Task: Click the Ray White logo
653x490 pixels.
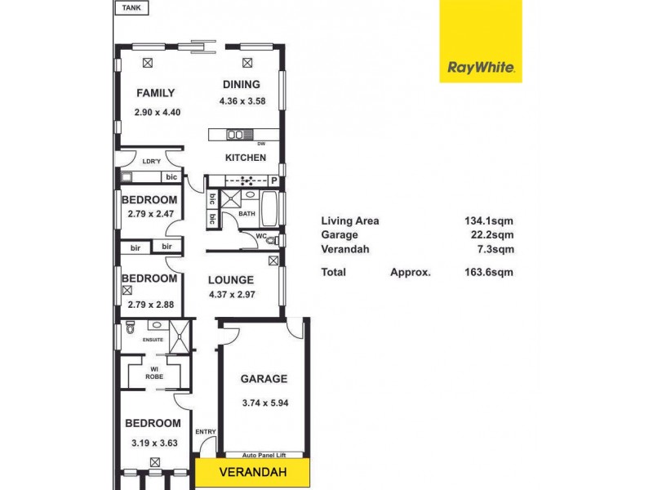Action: pos(481,42)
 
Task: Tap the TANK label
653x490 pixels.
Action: pos(130,8)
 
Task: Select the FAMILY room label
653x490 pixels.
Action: pos(155,92)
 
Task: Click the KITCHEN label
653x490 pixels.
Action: pos(246,158)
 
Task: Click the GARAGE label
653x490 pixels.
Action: pos(264,379)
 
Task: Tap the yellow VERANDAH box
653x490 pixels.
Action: pos(252,472)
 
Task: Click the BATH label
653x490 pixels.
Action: pos(247,214)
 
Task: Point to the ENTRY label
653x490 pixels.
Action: pos(204,432)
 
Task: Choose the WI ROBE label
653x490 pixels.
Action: pos(155,372)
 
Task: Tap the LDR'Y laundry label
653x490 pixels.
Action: pos(152,161)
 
